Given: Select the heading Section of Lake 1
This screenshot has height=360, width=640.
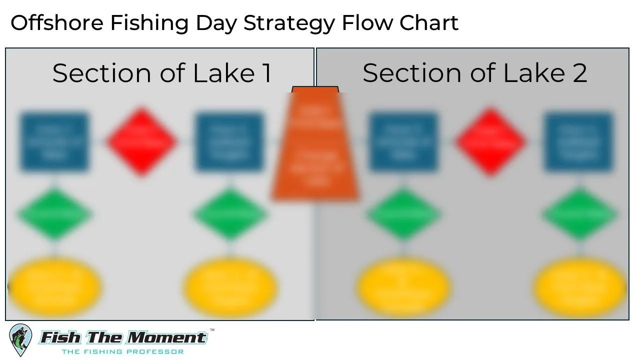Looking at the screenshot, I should click(x=162, y=73).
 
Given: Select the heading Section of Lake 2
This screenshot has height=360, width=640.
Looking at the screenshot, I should click(x=474, y=73).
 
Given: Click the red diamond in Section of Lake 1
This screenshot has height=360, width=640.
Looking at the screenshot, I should click(x=142, y=141).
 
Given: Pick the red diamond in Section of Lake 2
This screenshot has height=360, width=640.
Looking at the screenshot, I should click(x=490, y=141).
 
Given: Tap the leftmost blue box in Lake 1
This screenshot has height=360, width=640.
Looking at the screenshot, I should click(x=54, y=141).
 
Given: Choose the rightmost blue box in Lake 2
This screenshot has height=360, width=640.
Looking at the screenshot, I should click(x=578, y=141).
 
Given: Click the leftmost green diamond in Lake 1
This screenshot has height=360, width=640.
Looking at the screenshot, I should click(x=54, y=214).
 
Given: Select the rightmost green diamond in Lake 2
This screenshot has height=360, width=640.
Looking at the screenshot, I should click(x=579, y=214).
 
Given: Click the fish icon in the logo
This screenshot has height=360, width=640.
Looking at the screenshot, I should click(x=20, y=340).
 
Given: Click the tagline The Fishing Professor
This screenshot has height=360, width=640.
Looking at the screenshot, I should click(x=122, y=351).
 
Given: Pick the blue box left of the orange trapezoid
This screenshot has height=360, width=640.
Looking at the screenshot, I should click(x=229, y=141).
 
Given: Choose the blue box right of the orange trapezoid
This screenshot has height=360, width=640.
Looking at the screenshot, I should click(x=403, y=141).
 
